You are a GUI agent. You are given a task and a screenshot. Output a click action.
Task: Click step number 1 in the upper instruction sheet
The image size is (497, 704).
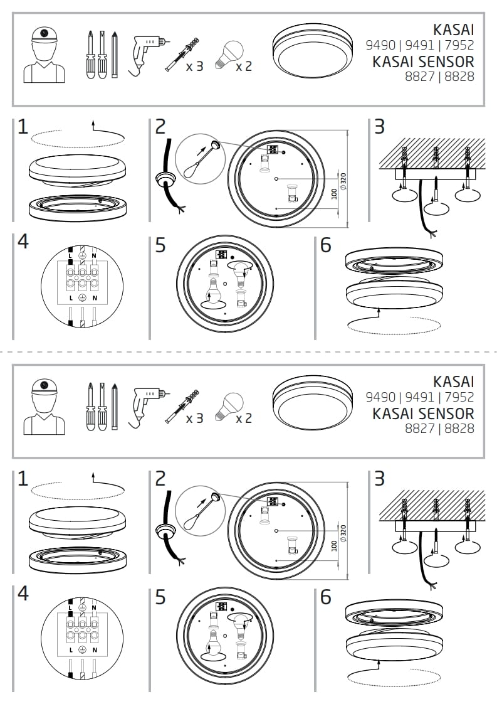pos(23,127)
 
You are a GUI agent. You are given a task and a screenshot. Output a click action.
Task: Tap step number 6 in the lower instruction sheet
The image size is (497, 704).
pos(325,597)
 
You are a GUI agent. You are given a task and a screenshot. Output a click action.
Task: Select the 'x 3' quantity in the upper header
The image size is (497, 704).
pos(195,66)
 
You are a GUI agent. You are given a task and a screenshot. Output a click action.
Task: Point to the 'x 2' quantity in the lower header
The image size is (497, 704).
pos(244,418)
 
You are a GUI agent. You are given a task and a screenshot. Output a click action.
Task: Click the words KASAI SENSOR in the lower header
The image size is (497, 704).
pos(423,413)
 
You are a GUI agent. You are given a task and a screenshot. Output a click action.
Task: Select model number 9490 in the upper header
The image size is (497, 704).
pos(380,45)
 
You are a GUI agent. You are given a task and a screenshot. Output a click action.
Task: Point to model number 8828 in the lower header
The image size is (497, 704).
pos(460,429)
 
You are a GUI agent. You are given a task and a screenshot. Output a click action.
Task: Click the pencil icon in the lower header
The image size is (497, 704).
pos(114,407)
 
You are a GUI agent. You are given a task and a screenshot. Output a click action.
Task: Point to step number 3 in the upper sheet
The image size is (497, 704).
pos(379,127)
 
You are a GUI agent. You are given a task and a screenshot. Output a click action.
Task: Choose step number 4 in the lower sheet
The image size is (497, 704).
pos(23,594)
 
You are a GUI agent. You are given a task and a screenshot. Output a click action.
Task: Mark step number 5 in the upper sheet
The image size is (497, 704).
pos(161,245)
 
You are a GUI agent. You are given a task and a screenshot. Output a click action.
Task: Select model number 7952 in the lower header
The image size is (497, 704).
pos(460,397)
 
